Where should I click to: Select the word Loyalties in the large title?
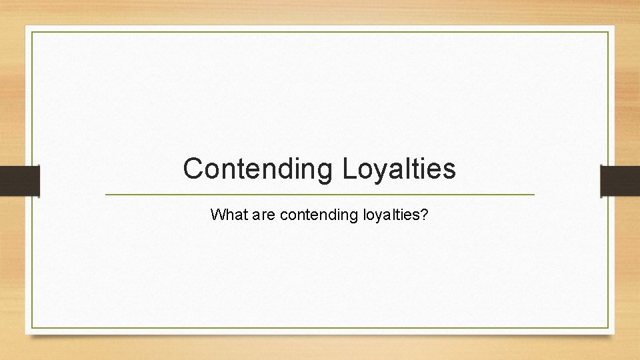(399, 169)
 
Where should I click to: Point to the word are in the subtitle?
(262, 215)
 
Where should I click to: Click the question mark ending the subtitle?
(425, 215)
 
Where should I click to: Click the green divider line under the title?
(320, 194)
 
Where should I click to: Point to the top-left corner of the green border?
(32, 32)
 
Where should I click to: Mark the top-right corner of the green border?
(608, 32)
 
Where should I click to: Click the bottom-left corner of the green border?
(32, 327)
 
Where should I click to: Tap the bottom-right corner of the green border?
(608, 327)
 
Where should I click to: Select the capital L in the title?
(349, 169)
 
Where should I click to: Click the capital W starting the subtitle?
(217, 215)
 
